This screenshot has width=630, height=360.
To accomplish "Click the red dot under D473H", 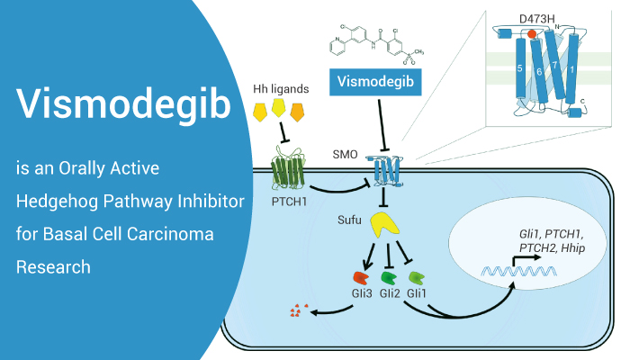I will [532, 33].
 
